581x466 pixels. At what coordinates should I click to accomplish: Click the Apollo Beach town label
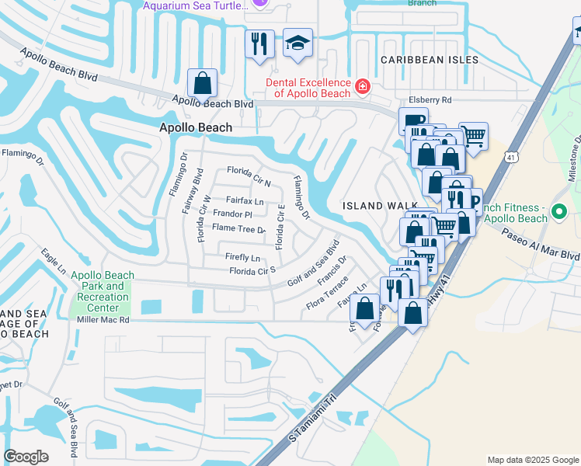point(195,127)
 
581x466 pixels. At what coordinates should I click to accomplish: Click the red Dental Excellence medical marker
point(361,85)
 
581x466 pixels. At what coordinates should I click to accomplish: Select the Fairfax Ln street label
point(245,200)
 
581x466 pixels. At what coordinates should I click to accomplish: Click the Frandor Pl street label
point(232,214)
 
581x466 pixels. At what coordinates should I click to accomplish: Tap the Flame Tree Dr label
point(238,228)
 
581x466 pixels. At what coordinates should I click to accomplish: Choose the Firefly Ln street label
point(242,257)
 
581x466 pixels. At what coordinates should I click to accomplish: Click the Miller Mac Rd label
point(102,319)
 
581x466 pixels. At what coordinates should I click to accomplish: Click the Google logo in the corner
point(26,456)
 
